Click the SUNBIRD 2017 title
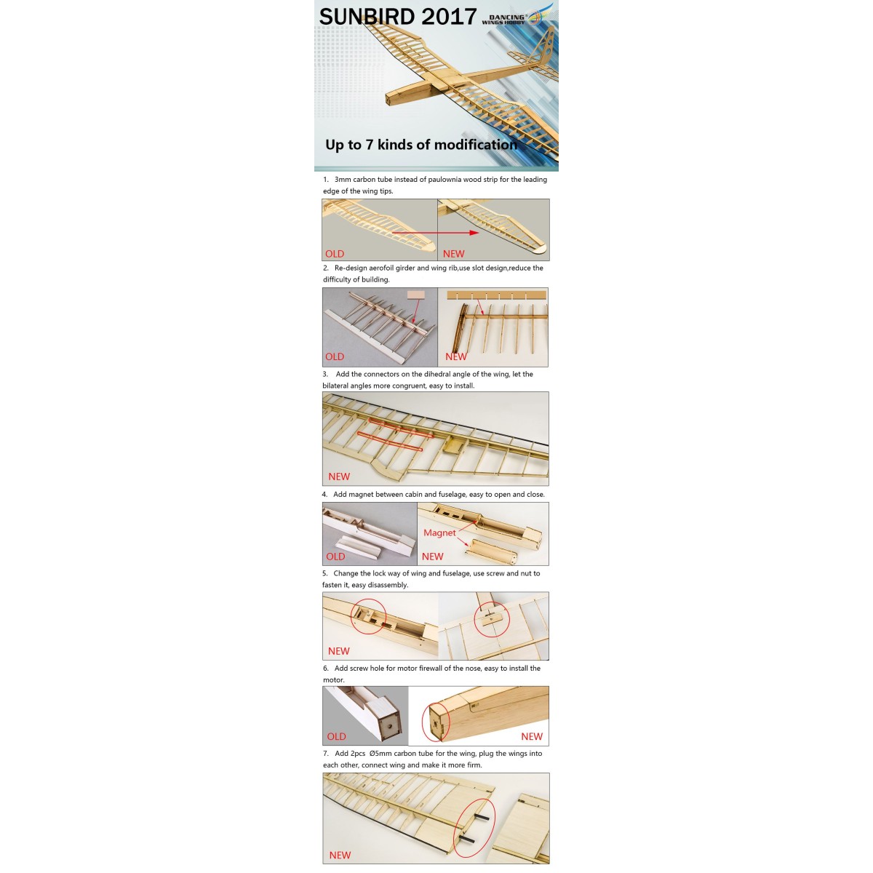tap(397, 17)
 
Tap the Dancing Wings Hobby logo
tap(517, 17)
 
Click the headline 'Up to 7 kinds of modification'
tap(420, 145)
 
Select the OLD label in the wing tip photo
tap(335, 254)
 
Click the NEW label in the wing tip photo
tap(453, 254)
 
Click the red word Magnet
tap(439, 533)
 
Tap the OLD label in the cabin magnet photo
tap(335, 557)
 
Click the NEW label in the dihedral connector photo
tap(339, 477)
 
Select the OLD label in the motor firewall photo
tap(336, 736)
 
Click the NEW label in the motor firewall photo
tap(531, 736)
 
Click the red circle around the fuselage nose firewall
tap(436, 721)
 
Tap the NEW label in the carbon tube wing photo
tap(340, 855)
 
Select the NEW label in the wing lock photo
tap(339, 651)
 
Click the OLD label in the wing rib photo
tap(335, 356)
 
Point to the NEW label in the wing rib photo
tap(456, 356)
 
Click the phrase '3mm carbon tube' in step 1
tap(363, 180)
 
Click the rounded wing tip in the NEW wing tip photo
tap(536, 249)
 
